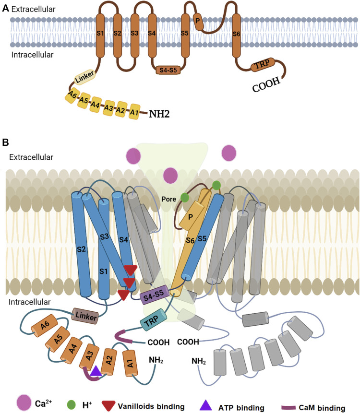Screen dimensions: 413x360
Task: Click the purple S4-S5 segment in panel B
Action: pos(153,298)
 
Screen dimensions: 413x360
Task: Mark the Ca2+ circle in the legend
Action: pos(24,401)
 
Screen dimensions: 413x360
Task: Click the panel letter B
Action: pos(6,142)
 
